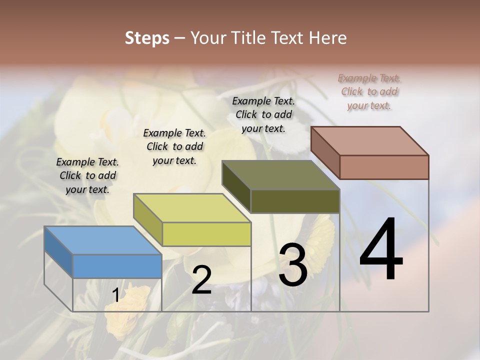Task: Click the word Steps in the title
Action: (x=147, y=38)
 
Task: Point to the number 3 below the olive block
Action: (x=293, y=265)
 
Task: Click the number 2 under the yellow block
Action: (x=201, y=280)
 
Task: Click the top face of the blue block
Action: (x=103, y=240)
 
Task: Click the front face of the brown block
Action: (x=384, y=167)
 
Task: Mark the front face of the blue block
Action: (x=117, y=266)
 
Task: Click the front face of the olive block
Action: (x=295, y=201)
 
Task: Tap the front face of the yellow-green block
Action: (x=206, y=234)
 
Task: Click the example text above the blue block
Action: (x=87, y=175)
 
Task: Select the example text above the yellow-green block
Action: (x=174, y=146)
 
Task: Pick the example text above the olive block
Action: (x=263, y=114)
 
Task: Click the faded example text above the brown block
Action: (x=369, y=91)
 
